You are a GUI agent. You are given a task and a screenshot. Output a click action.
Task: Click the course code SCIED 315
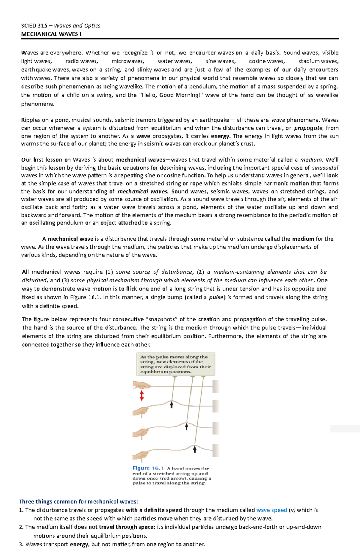tap(34, 26)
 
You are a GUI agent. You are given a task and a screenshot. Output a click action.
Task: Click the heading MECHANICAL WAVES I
tap(51, 34)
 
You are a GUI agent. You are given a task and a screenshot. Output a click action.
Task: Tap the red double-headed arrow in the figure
tap(142, 396)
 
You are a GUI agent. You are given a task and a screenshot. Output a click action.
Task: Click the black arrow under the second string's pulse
tap(172, 405)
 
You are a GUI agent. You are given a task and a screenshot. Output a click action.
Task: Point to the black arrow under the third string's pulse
tap(186, 427)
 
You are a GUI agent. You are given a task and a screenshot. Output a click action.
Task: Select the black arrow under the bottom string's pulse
tap(194, 449)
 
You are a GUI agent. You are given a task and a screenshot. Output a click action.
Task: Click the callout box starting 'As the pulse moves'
tap(175, 364)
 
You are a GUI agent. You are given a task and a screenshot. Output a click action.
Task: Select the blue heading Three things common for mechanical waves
tap(78, 501)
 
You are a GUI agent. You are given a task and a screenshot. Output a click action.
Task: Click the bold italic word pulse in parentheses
tap(216, 297)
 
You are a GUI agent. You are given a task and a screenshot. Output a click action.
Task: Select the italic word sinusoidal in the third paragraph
tap(325, 168)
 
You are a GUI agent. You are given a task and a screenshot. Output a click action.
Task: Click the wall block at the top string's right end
tap(216, 386)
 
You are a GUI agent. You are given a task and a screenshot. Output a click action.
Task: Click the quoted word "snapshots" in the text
tap(162, 319)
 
